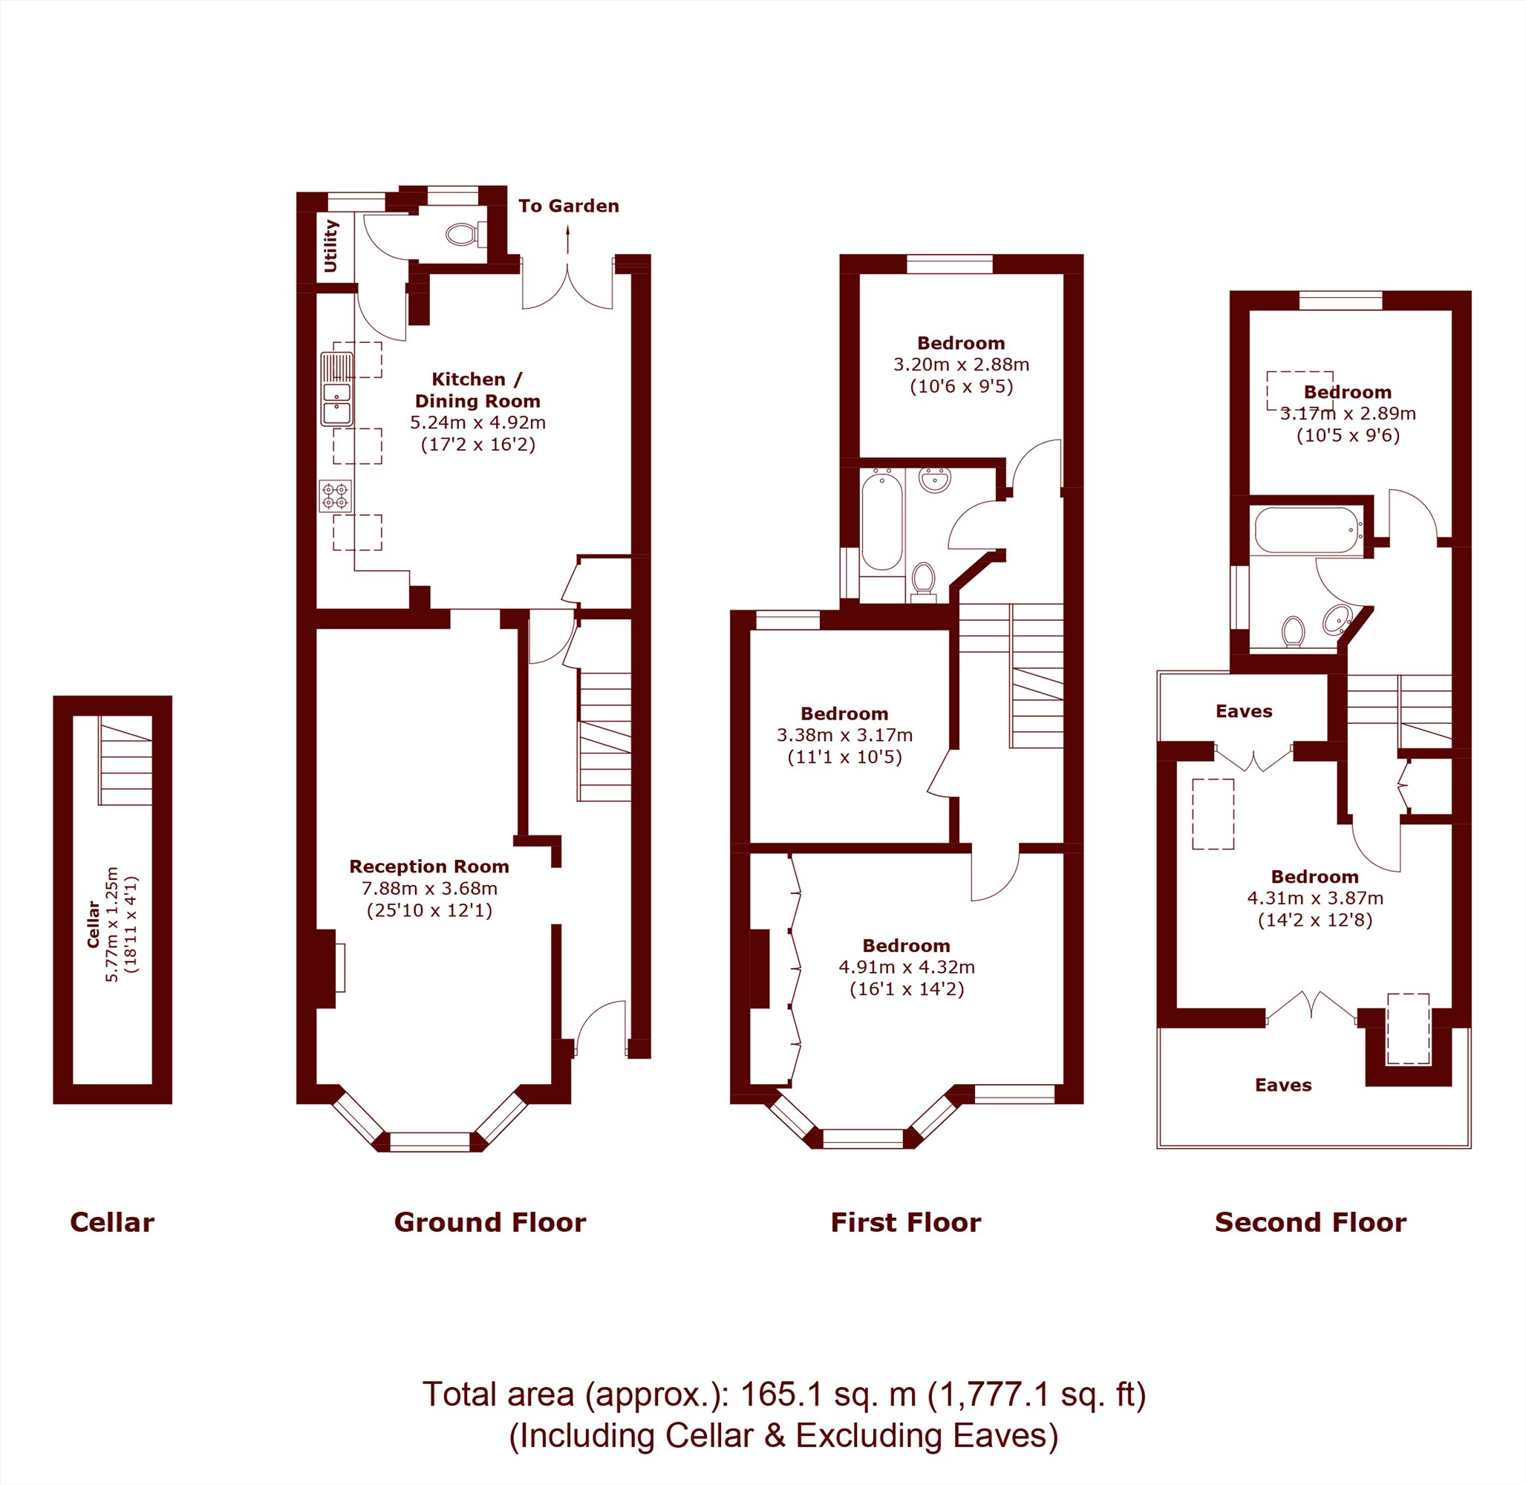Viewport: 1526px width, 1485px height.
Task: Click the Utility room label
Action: click(x=330, y=246)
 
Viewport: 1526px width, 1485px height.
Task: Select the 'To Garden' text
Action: click(x=569, y=206)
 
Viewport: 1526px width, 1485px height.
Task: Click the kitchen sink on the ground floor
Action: click(x=337, y=389)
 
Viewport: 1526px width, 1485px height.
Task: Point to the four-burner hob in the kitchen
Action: click(x=336, y=495)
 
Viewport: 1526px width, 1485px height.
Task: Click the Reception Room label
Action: click(x=429, y=866)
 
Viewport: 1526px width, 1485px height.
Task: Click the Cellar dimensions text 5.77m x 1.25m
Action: click(x=112, y=924)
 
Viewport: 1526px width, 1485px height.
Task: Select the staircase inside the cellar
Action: click(x=125, y=760)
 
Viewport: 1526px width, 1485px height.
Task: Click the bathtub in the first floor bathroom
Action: click(x=882, y=520)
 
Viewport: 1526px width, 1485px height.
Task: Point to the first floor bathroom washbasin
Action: click(x=935, y=480)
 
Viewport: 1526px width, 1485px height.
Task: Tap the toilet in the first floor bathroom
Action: click(x=924, y=582)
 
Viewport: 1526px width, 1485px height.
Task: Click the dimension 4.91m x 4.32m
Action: click(x=907, y=967)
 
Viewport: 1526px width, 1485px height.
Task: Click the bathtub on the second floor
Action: click(x=1308, y=530)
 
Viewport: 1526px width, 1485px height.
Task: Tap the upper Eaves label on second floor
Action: click(x=1244, y=711)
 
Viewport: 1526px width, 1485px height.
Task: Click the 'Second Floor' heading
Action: click(x=1311, y=1222)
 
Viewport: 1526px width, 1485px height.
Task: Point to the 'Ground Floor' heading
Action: click(x=490, y=1222)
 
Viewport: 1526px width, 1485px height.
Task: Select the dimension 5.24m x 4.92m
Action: click(x=477, y=422)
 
